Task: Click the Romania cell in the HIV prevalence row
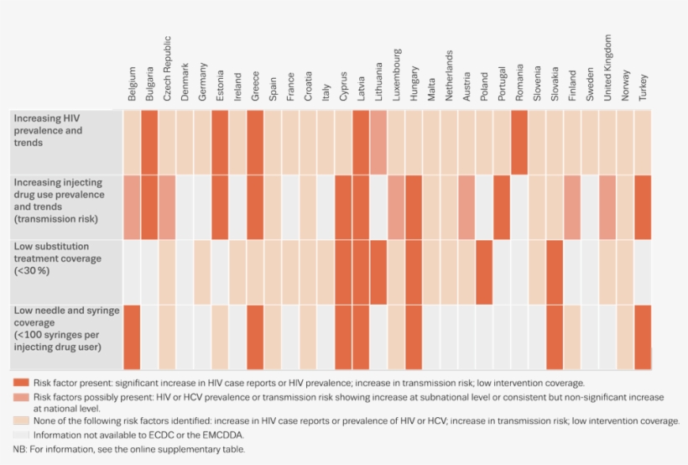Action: click(519, 143)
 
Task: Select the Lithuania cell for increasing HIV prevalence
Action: click(378, 143)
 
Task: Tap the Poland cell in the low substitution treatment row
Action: click(484, 272)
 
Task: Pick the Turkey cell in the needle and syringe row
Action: click(643, 337)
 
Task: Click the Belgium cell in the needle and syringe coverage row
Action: click(132, 337)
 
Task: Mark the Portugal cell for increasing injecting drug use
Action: click(502, 207)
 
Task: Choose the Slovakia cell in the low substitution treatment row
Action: click(555, 272)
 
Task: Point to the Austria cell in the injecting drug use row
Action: click(466, 207)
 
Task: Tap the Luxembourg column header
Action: click(396, 76)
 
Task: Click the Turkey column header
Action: click(643, 88)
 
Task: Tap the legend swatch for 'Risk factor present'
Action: click(21, 383)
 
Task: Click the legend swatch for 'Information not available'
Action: click(21, 435)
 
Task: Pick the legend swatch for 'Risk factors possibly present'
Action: click(21, 396)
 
